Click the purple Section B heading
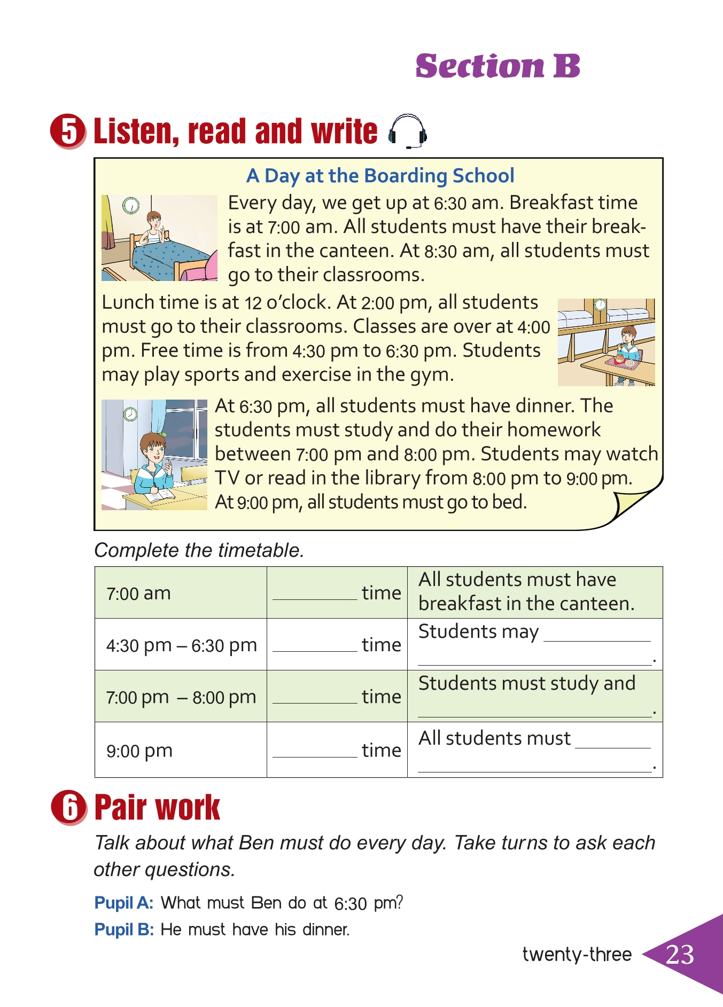pyautogui.click(x=497, y=66)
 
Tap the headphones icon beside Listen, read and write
pyautogui.click(x=407, y=131)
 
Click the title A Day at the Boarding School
pyautogui.click(x=380, y=176)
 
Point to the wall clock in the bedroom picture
pyautogui.click(x=130, y=205)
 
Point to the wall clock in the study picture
pyautogui.click(x=130, y=414)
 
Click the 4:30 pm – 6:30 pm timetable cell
pyautogui.click(x=181, y=645)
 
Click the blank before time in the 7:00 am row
pyautogui.click(x=315, y=594)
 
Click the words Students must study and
pyautogui.click(x=527, y=684)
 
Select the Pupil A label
pyautogui.click(x=124, y=903)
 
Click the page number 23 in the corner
pyautogui.click(x=680, y=955)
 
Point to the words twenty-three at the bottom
pyautogui.click(x=577, y=955)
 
